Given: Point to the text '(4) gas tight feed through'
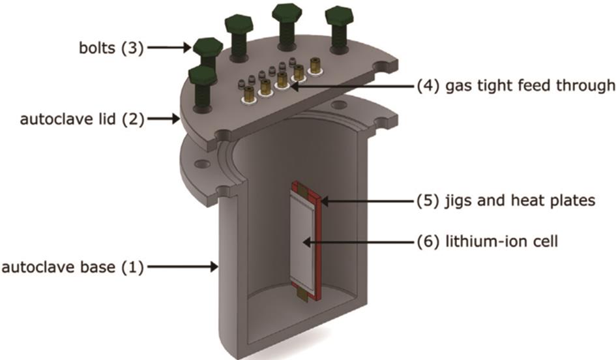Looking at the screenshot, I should click(x=516, y=85).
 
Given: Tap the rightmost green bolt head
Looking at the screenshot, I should click(x=338, y=17).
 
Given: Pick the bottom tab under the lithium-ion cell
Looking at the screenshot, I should click(x=303, y=296).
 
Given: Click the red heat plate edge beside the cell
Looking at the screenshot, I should click(x=320, y=248).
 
